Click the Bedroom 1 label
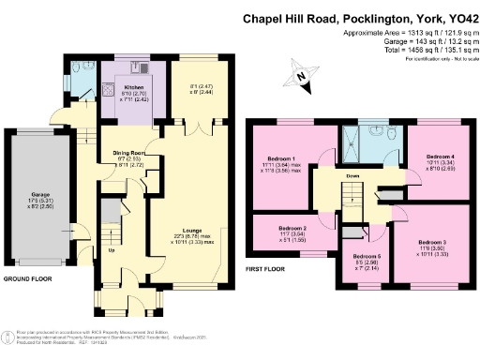(x=281, y=159)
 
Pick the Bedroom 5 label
(x=365, y=254)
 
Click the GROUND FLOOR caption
(x=28, y=279)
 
